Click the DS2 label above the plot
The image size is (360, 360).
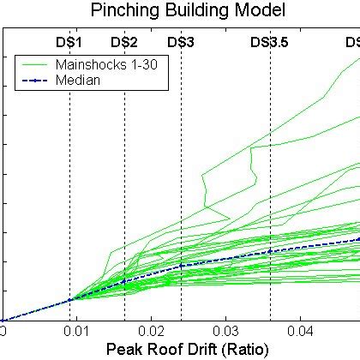[x=124, y=42]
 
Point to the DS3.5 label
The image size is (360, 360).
[x=270, y=42]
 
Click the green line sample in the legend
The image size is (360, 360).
[x=35, y=64]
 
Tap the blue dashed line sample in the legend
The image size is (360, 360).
[x=35, y=80]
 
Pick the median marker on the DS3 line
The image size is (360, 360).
[x=181, y=267]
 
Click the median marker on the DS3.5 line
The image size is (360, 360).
[x=271, y=251]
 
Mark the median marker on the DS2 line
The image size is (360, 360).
[x=124, y=281]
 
